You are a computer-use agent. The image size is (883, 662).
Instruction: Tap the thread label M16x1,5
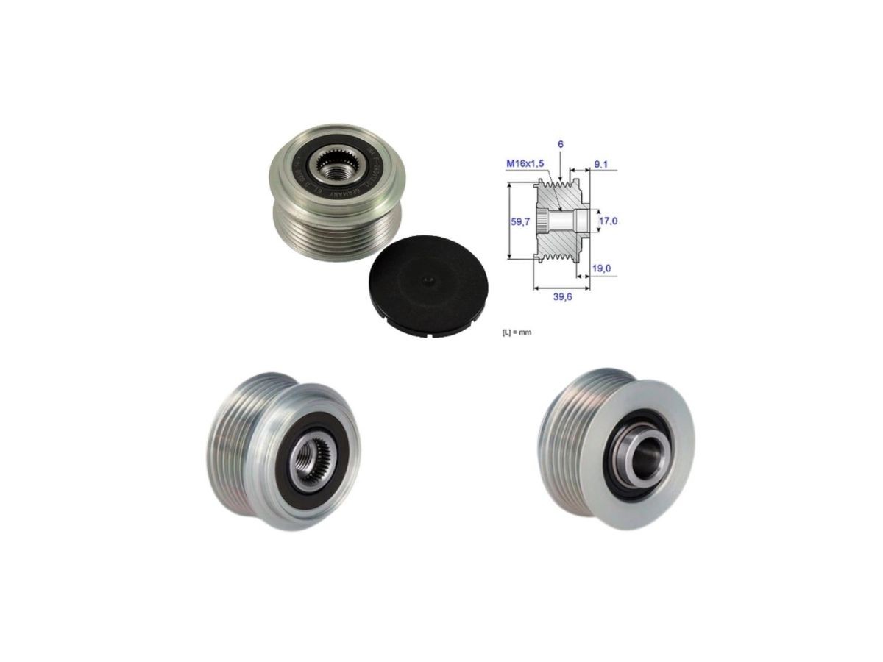[525, 163]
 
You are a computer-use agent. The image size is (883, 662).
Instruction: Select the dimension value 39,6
[561, 296]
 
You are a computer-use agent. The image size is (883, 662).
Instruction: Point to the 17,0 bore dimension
[608, 220]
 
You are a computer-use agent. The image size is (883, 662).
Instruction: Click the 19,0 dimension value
[602, 268]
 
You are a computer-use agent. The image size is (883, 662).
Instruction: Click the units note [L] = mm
[516, 332]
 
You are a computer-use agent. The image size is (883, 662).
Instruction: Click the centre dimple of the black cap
[427, 280]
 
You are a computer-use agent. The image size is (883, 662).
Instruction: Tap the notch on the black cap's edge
[427, 337]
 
